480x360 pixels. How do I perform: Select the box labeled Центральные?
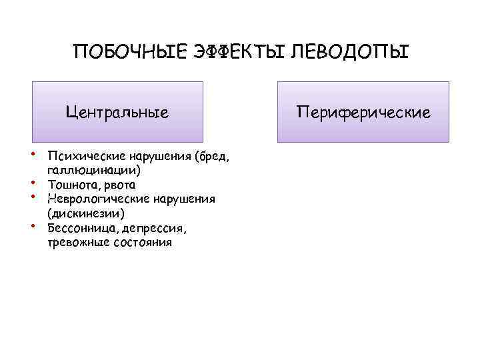click(x=117, y=112)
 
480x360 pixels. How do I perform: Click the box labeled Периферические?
click(x=363, y=112)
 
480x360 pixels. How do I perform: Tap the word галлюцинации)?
click(x=93, y=170)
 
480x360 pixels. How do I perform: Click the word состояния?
click(x=139, y=243)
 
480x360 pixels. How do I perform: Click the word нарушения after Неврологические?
click(x=183, y=199)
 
